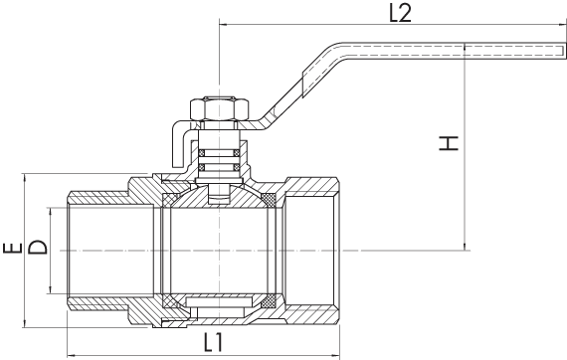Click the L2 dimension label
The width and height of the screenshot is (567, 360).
400,14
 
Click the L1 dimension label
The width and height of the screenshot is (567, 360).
213,342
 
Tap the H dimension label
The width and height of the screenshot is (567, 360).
449,143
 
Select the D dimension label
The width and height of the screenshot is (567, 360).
38,248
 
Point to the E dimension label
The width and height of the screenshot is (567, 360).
13,249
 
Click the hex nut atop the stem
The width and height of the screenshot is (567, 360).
220,108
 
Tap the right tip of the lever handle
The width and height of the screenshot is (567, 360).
564,50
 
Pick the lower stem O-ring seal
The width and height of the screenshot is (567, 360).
219,167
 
